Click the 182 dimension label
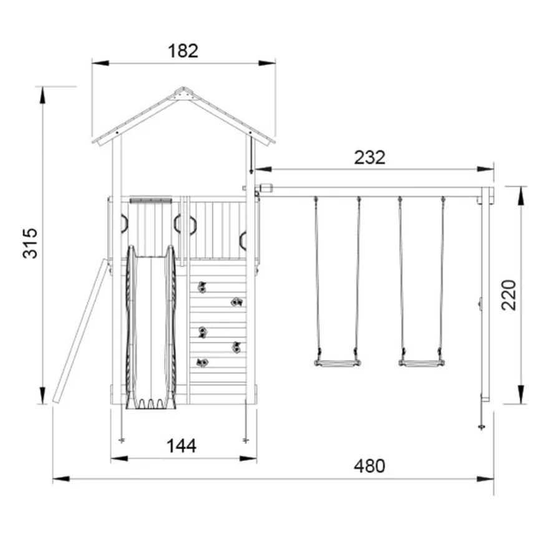(183, 51)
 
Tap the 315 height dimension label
(30, 243)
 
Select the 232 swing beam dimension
(369, 158)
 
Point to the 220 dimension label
(508, 295)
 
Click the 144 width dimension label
(182, 446)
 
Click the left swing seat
(338, 364)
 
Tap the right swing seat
(422, 364)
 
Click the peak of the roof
(183, 87)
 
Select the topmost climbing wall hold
(202, 287)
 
